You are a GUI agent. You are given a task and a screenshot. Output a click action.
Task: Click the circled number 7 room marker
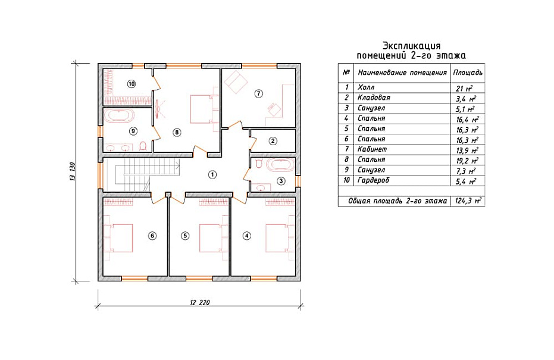click(x=259, y=93)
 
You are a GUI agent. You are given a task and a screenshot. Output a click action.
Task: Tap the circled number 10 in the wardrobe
click(x=132, y=84)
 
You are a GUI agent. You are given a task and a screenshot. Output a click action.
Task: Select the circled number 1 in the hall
click(x=212, y=174)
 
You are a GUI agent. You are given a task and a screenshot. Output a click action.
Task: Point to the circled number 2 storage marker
click(x=273, y=141)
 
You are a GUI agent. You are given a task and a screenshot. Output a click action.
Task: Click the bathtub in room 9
click(x=119, y=116)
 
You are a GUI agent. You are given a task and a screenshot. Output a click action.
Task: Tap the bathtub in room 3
click(x=280, y=165)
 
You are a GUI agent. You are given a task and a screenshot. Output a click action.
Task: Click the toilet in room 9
click(x=143, y=146)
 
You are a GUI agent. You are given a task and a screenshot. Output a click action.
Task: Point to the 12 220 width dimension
click(x=199, y=302)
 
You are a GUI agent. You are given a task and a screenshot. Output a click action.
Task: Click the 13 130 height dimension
click(x=73, y=172)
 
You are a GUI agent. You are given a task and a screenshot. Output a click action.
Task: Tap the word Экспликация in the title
click(x=412, y=46)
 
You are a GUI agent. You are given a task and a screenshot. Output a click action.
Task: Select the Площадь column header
click(x=468, y=73)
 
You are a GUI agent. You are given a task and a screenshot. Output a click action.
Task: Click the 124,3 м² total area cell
click(x=468, y=201)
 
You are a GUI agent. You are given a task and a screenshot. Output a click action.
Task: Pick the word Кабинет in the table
click(x=372, y=149)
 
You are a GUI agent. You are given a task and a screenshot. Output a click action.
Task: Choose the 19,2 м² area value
click(x=467, y=161)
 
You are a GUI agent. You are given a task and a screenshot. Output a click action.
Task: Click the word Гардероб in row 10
click(x=373, y=180)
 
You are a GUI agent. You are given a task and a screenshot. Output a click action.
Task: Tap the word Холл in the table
click(x=366, y=87)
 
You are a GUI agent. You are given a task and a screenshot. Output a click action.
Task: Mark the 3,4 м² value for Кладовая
click(x=465, y=99)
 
